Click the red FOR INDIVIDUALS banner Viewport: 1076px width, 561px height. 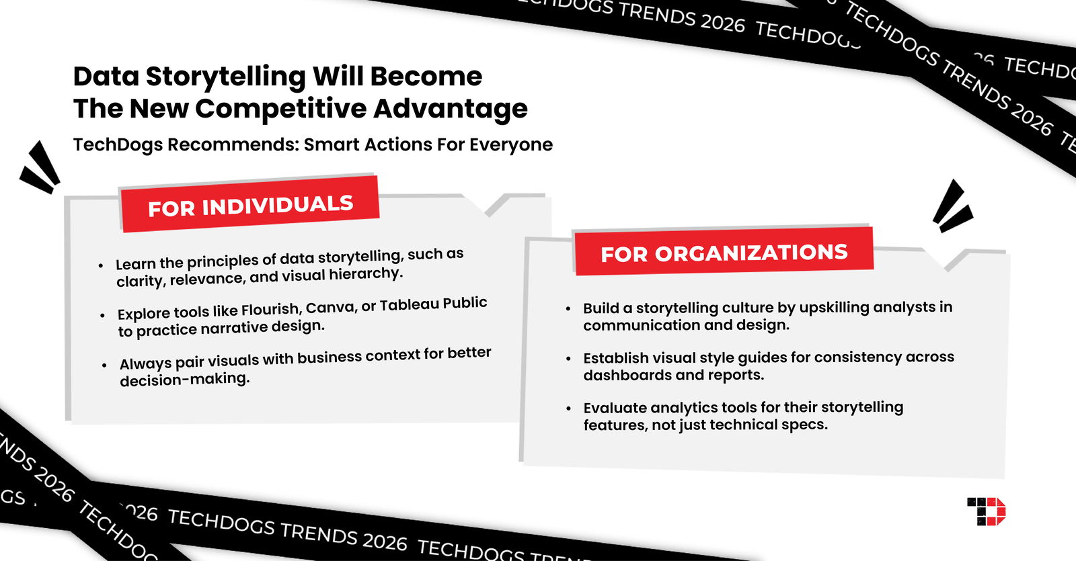pos(249,205)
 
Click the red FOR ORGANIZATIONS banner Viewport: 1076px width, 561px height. pos(724,253)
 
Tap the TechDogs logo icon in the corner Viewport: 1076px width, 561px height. pos(986,511)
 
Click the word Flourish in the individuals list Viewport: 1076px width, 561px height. pos(270,310)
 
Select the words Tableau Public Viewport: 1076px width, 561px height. pos(433,304)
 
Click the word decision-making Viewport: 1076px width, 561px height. pos(185,379)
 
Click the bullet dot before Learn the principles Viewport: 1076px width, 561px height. pos(101,266)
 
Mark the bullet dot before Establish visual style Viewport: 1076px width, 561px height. pos(569,359)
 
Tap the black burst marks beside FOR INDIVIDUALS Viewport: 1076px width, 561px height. pos(40,168)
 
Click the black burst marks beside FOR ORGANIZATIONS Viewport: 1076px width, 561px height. pos(952,207)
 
